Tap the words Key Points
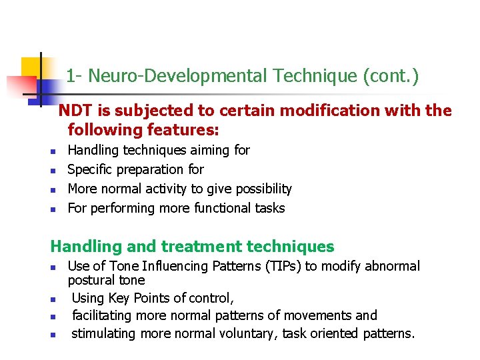(145, 298)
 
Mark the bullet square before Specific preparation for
(53, 171)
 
